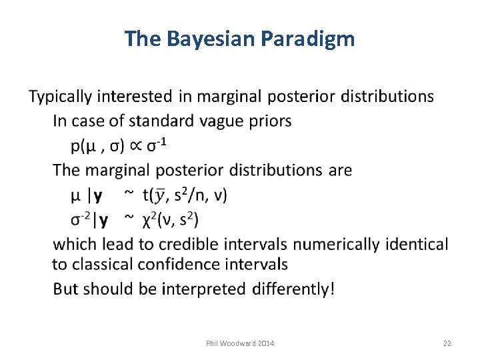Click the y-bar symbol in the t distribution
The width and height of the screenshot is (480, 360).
(159, 195)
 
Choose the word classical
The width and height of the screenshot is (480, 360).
(101, 264)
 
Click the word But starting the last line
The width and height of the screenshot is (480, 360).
(65, 290)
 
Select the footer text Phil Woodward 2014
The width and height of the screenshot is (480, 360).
(240, 343)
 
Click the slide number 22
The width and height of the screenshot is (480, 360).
(447, 343)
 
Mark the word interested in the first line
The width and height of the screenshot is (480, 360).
(136, 97)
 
